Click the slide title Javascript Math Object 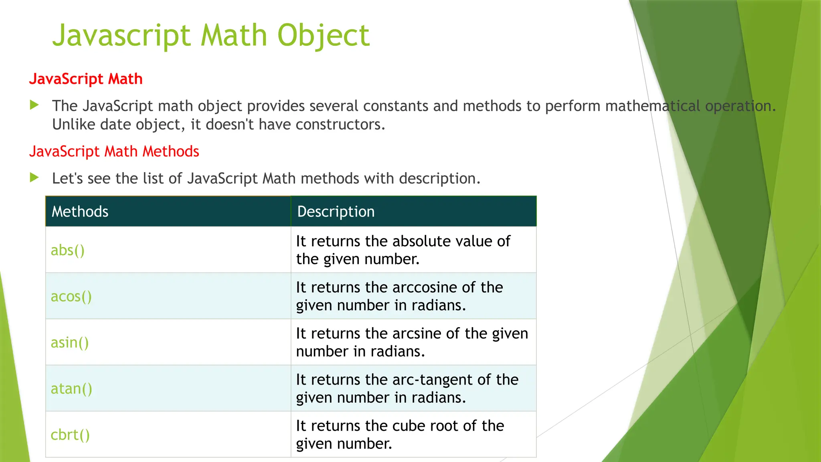pyautogui.click(x=211, y=35)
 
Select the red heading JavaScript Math pyautogui.click(x=86, y=79)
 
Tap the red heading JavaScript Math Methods pyautogui.click(x=114, y=152)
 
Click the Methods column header pyautogui.click(x=80, y=211)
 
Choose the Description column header pyautogui.click(x=336, y=211)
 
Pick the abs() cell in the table pyautogui.click(x=68, y=250)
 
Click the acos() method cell pyautogui.click(x=71, y=296)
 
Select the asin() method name pyautogui.click(x=70, y=342)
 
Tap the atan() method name pyautogui.click(x=71, y=389)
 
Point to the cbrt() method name pyautogui.click(x=70, y=435)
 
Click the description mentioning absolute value pyautogui.click(x=403, y=250)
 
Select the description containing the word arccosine pyautogui.click(x=399, y=296)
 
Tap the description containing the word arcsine pyautogui.click(x=412, y=342)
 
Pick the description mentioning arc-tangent pyautogui.click(x=407, y=388)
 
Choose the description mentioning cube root pyautogui.click(x=400, y=434)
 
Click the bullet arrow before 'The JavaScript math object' pyautogui.click(x=34, y=105)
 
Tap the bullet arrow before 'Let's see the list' pyautogui.click(x=34, y=178)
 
